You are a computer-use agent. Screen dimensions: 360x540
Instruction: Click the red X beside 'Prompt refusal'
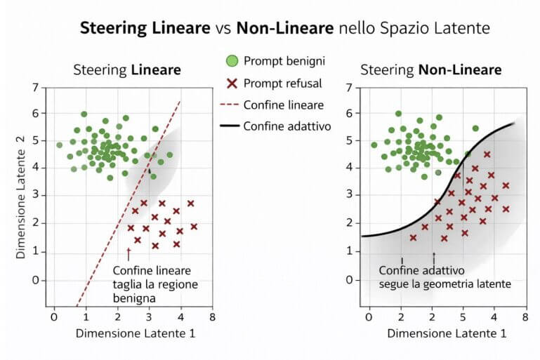point(232,84)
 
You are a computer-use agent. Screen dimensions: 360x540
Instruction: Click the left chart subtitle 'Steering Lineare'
point(127,70)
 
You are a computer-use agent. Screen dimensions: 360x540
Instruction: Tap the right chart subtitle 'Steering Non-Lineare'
point(430,70)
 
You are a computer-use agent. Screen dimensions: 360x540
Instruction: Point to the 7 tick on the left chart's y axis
point(35,88)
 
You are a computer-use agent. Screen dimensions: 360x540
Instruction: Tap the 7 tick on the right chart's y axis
point(350,88)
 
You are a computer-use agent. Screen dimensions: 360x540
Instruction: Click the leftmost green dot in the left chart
point(60,145)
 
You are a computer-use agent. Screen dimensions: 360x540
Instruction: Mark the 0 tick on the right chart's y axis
point(350,279)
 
